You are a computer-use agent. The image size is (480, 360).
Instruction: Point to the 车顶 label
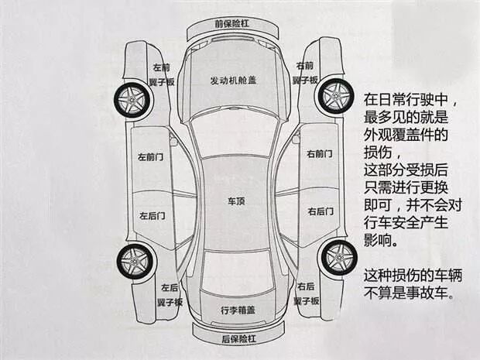point(235,201)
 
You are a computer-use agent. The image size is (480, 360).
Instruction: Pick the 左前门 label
point(151,157)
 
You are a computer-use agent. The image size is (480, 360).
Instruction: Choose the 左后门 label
point(152,216)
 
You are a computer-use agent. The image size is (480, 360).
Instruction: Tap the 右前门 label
point(321,154)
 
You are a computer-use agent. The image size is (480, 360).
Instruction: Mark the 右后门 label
point(321,211)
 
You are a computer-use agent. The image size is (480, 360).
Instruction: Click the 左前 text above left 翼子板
point(161,68)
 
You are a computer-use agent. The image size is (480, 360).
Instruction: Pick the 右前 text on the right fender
point(305,66)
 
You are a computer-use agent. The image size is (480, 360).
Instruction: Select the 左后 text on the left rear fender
point(170,287)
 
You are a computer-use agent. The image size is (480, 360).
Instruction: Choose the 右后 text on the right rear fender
point(306,286)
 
